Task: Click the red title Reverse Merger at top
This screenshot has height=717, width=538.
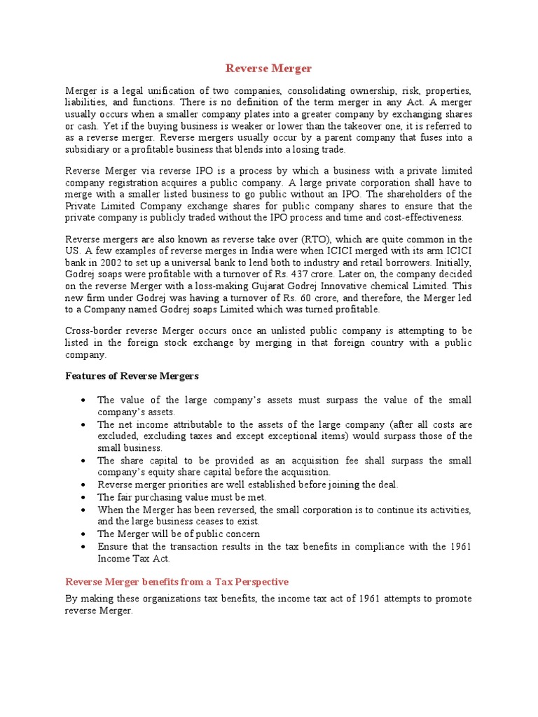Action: (268, 69)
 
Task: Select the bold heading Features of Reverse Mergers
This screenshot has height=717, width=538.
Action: (132, 376)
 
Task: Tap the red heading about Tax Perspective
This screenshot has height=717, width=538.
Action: (177, 582)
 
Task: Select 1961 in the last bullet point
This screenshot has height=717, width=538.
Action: (457, 547)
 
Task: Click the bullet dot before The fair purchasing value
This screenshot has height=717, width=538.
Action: (83, 497)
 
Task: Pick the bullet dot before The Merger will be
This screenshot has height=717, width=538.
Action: (83, 534)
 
